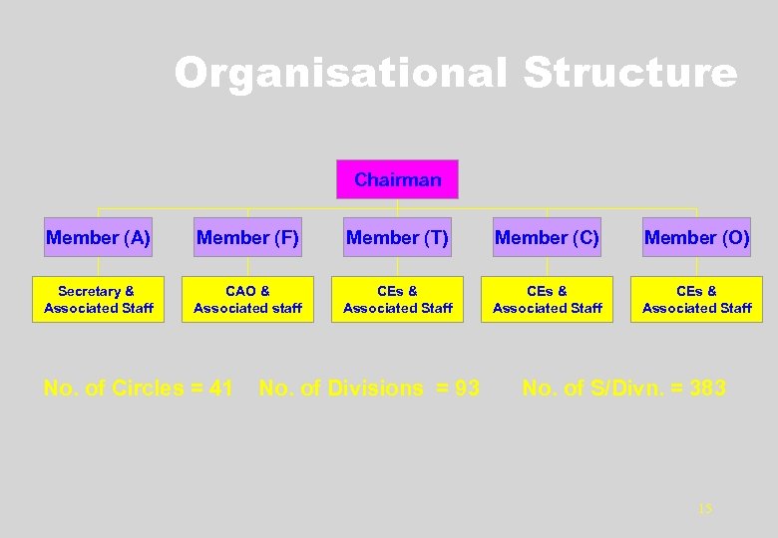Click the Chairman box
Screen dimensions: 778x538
click(x=397, y=180)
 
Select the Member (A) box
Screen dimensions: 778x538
click(x=98, y=238)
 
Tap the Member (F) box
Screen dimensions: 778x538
click(x=247, y=238)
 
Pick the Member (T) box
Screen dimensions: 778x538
click(x=397, y=238)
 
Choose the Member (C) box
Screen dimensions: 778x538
click(x=547, y=238)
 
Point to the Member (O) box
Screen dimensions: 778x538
click(x=696, y=238)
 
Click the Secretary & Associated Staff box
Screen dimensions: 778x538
click(x=98, y=299)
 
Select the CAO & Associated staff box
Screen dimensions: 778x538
click(x=247, y=299)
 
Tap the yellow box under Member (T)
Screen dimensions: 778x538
click(x=397, y=299)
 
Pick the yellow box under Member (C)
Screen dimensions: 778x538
click(x=547, y=299)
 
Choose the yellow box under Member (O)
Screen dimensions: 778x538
click(x=696, y=299)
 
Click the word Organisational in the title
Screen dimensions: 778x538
click(x=341, y=74)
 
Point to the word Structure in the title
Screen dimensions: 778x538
click(x=630, y=74)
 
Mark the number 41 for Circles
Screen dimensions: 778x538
click(x=220, y=389)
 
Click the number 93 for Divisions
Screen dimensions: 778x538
click(x=467, y=389)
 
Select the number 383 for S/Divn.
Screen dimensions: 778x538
click(x=707, y=389)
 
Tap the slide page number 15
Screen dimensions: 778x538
click(x=705, y=509)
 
